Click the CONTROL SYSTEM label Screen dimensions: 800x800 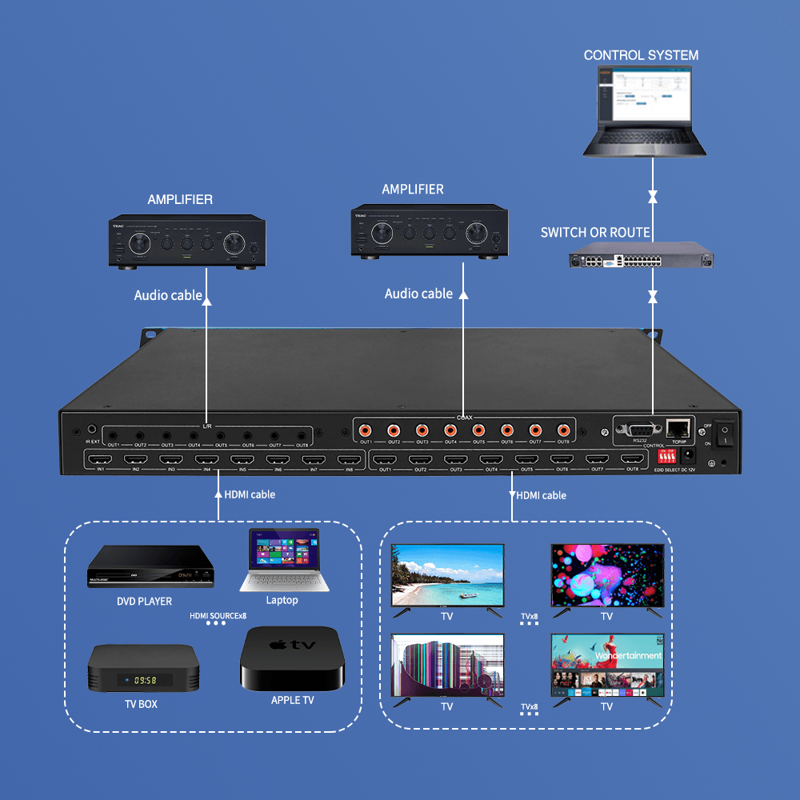[641, 55]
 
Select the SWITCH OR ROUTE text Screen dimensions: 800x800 [595, 233]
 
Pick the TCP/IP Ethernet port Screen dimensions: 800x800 [678, 427]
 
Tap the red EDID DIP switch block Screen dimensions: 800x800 [666, 456]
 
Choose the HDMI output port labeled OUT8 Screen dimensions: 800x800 [632, 459]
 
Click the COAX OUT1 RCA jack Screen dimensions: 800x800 [366, 430]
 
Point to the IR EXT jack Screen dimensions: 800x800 [93, 430]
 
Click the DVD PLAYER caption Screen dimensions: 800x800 [145, 601]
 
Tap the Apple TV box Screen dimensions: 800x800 [291, 658]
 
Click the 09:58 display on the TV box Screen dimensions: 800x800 [145, 679]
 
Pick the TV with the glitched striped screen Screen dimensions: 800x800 [447, 666]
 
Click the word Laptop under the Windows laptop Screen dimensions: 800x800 [282, 600]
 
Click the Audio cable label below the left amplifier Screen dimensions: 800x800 [168, 295]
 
